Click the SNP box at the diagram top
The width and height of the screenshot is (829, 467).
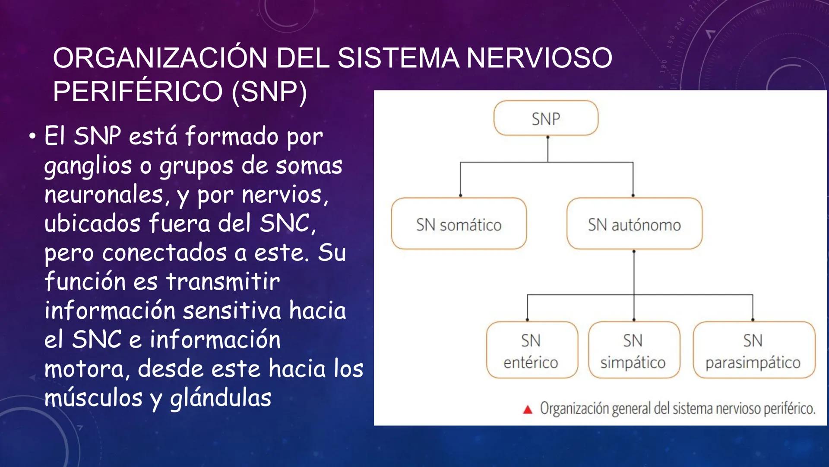pos(546,118)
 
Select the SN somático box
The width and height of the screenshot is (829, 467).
pos(459,224)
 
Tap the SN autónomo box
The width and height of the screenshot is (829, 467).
pos(634,224)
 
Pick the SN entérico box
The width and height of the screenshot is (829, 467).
pos(531,350)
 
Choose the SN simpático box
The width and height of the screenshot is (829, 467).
pos(633,350)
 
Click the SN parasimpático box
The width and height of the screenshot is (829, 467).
pos(753,350)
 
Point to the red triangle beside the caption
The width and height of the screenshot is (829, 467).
pos(528,409)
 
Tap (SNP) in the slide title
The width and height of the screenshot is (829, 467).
pos(269,92)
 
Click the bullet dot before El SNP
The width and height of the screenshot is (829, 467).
pos(32,137)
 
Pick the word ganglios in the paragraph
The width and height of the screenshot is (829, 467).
pos(88,166)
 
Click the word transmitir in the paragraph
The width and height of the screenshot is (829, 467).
pos(223,282)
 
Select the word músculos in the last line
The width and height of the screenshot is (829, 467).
pos(93,398)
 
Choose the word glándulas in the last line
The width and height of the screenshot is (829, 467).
pos(220,398)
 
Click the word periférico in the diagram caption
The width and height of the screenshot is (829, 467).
pos(789,409)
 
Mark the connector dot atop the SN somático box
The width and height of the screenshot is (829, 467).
pos(461,195)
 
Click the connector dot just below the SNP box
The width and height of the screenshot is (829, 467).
pos(548,138)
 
